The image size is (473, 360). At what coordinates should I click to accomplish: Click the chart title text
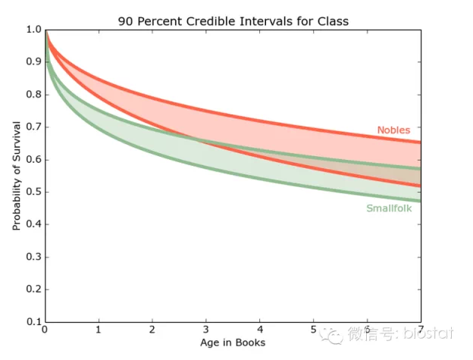tap(233, 20)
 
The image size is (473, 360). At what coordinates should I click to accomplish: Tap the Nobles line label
tap(393, 130)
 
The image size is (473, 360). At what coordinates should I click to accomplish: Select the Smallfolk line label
tap(389, 208)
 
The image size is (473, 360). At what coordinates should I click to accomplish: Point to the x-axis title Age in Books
tap(233, 343)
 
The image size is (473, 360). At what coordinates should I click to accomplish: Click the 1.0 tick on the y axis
tap(33, 30)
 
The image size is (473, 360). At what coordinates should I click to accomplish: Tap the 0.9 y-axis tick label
tap(33, 62)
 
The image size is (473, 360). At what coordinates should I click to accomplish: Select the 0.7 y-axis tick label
tap(33, 127)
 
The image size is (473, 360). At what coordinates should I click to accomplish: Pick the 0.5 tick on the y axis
tap(33, 192)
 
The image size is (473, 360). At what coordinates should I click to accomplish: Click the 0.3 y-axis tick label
tap(33, 257)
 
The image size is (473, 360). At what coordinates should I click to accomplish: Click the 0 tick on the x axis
tap(45, 331)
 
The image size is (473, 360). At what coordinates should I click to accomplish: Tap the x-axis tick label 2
tap(152, 331)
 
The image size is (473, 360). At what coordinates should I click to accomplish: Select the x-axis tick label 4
tap(259, 331)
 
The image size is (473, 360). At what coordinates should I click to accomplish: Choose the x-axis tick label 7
tap(419, 331)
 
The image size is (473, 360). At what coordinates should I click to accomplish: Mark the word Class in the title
tap(332, 20)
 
